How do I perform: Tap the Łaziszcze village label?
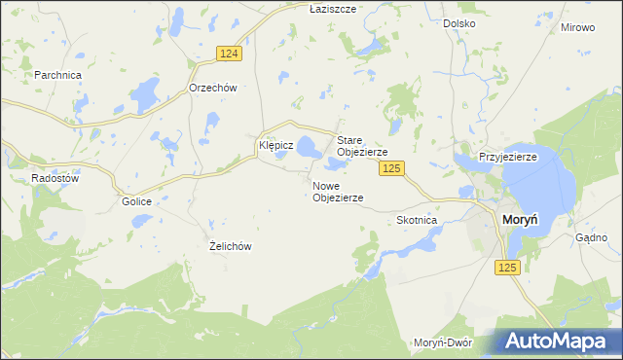click(307, 8)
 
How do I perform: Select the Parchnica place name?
click(57, 75)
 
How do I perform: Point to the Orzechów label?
click(213, 87)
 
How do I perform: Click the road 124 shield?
click(229, 54)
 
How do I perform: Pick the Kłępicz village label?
click(275, 145)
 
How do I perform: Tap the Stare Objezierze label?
click(362, 146)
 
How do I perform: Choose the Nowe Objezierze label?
click(338, 191)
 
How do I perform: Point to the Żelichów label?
click(231, 246)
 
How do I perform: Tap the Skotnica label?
click(417, 221)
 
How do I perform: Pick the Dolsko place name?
click(458, 22)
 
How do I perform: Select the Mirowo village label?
click(577, 27)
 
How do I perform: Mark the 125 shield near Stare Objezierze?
click(391, 169)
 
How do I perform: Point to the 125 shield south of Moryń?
click(507, 268)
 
